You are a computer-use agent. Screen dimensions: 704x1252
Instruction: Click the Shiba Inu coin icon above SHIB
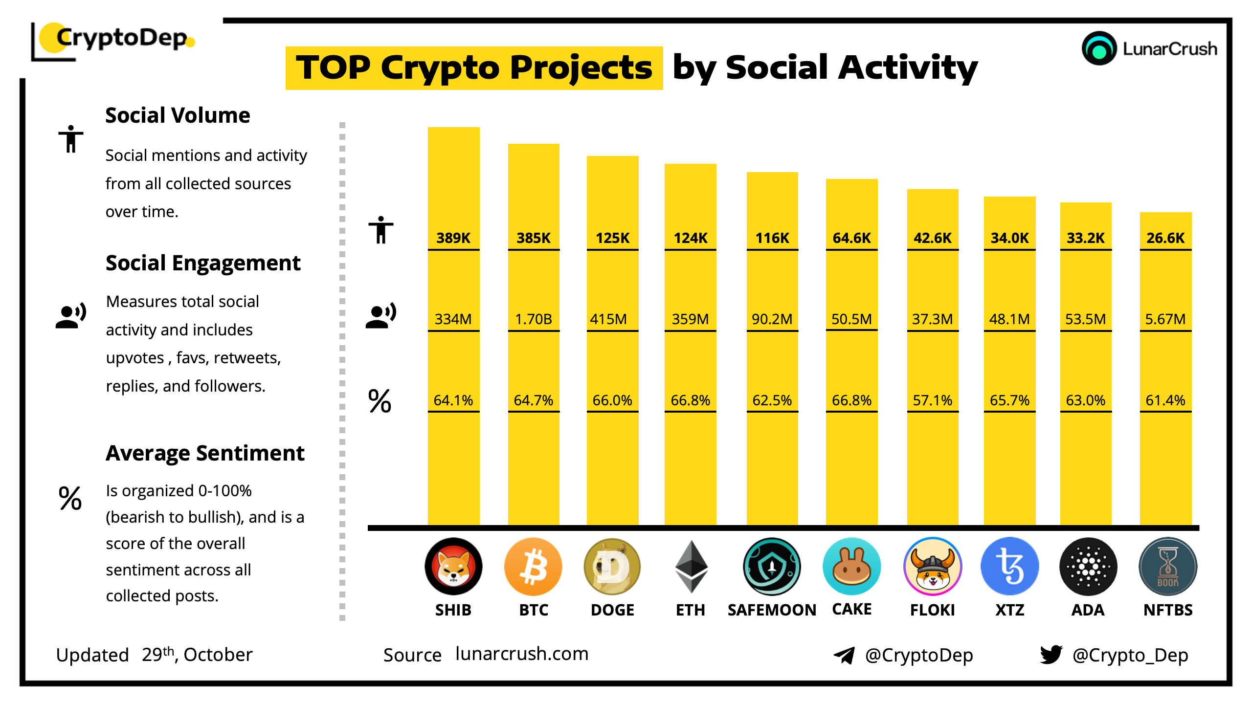(453, 567)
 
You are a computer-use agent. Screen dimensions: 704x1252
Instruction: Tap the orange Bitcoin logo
(533, 567)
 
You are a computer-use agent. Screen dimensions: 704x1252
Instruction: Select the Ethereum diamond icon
(691, 567)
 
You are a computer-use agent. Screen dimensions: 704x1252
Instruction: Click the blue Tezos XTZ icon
(1009, 567)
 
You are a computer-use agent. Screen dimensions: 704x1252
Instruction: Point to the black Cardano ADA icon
(1088, 567)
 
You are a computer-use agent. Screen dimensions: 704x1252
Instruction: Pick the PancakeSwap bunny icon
(851, 567)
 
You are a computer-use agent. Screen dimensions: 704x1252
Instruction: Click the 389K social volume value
(453, 238)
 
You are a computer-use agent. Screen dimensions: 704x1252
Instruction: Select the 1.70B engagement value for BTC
(533, 319)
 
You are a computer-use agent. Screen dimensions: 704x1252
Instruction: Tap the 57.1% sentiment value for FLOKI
(932, 400)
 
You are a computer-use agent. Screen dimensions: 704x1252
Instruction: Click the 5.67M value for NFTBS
(1165, 319)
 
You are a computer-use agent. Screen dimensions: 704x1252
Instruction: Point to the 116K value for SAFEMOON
(772, 238)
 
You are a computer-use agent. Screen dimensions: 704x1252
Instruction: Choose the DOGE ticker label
(612, 610)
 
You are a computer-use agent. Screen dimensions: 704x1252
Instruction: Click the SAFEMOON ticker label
(772, 610)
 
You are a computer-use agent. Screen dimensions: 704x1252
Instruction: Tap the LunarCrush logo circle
(1099, 48)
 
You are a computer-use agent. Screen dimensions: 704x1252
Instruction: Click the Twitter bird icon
(1051, 654)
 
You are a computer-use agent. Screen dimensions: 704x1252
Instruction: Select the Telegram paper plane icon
(844, 655)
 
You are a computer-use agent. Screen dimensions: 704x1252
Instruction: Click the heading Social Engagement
(203, 263)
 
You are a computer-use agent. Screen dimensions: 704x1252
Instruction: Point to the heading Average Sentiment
(205, 453)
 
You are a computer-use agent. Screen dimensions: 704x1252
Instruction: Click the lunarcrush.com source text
(522, 654)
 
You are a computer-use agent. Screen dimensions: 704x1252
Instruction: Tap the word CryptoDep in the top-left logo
(121, 38)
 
